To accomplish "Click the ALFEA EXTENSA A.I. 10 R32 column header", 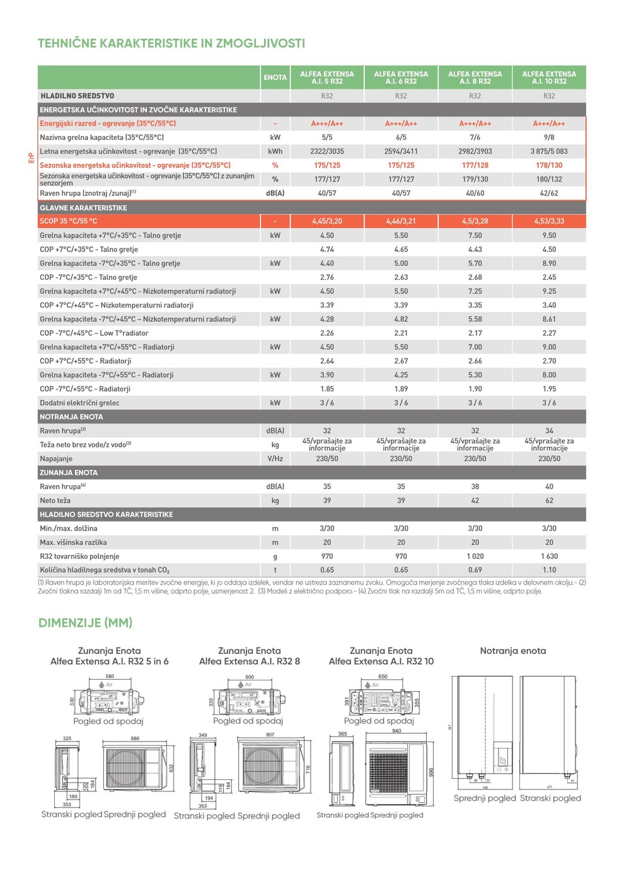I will [x=549, y=77].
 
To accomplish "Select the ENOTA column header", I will [x=275, y=77].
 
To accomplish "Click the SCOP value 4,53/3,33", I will [x=549, y=221].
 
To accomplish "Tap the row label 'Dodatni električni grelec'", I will [x=79, y=403].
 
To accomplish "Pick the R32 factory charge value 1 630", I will [x=549, y=556].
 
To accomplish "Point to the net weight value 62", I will [x=549, y=501].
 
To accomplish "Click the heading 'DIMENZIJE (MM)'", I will [x=85, y=623].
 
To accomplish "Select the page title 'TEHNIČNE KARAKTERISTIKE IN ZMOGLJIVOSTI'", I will [x=171, y=43].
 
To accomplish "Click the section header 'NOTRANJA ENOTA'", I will [x=71, y=417].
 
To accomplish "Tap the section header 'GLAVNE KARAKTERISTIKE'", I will [x=83, y=208].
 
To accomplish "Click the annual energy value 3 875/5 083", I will [x=549, y=151].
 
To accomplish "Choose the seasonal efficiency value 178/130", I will [x=549, y=165].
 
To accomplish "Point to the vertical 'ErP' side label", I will [x=31, y=157].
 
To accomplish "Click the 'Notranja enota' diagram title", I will [x=513, y=651].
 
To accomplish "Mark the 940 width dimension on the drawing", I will [x=396, y=731].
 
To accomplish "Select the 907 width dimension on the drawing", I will [x=270, y=735].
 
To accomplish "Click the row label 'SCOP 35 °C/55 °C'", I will [x=69, y=221].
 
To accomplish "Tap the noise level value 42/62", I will [x=549, y=193].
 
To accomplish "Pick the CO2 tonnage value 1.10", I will [x=549, y=570].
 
